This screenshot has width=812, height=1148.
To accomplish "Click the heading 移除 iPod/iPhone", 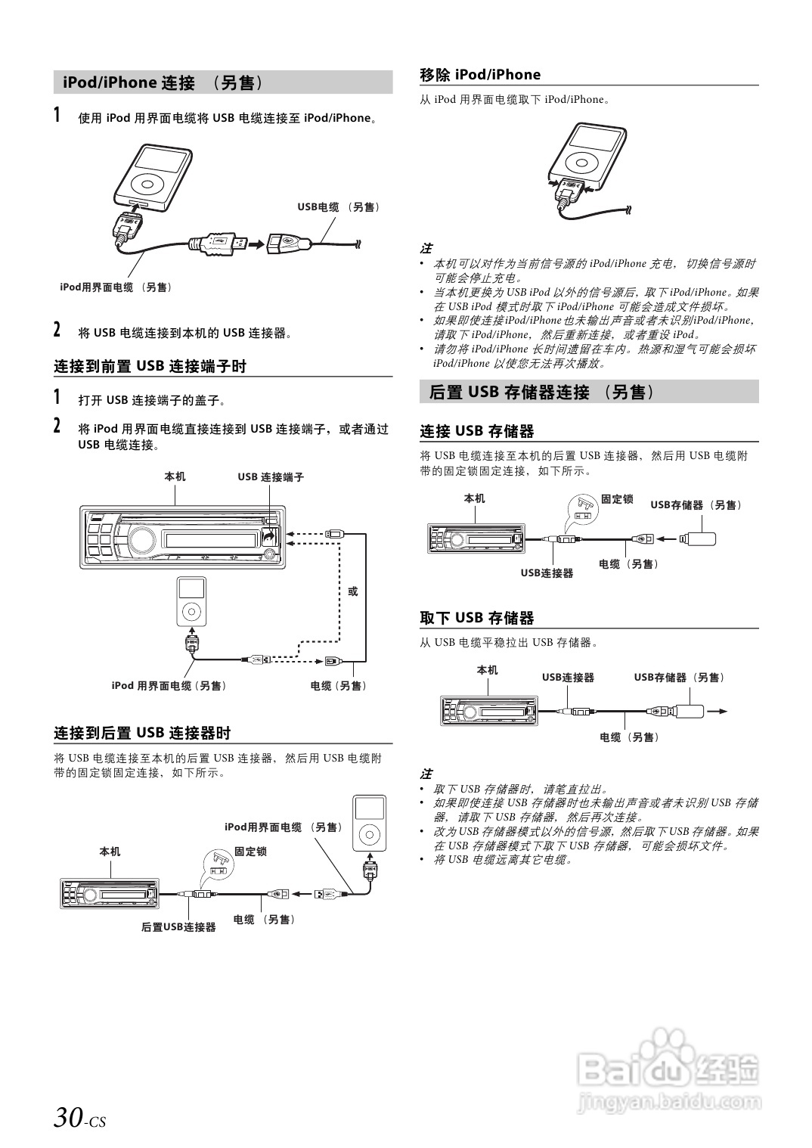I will (480, 74).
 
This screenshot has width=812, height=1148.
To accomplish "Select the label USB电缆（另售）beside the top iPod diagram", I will (338, 207).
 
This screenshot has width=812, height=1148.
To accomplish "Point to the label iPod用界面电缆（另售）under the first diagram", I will (116, 287).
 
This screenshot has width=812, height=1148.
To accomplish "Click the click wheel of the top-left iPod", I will (147, 183).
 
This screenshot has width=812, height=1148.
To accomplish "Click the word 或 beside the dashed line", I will (352, 591).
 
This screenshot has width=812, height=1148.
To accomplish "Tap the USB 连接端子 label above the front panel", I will (271, 477).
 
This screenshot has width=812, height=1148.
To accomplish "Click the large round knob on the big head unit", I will (141, 539).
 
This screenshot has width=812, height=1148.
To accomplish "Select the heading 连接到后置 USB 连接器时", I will (142, 733).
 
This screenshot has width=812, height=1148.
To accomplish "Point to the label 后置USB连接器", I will (178, 927).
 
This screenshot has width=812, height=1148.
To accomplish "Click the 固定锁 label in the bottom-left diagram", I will (250, 852).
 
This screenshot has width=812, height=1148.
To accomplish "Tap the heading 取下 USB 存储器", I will (477, 618).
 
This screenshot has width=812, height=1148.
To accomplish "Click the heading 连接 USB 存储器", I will (477, 431).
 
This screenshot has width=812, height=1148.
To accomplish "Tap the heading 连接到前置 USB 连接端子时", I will (150, 366).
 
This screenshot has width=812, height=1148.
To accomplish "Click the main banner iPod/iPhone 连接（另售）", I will (163, 82).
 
